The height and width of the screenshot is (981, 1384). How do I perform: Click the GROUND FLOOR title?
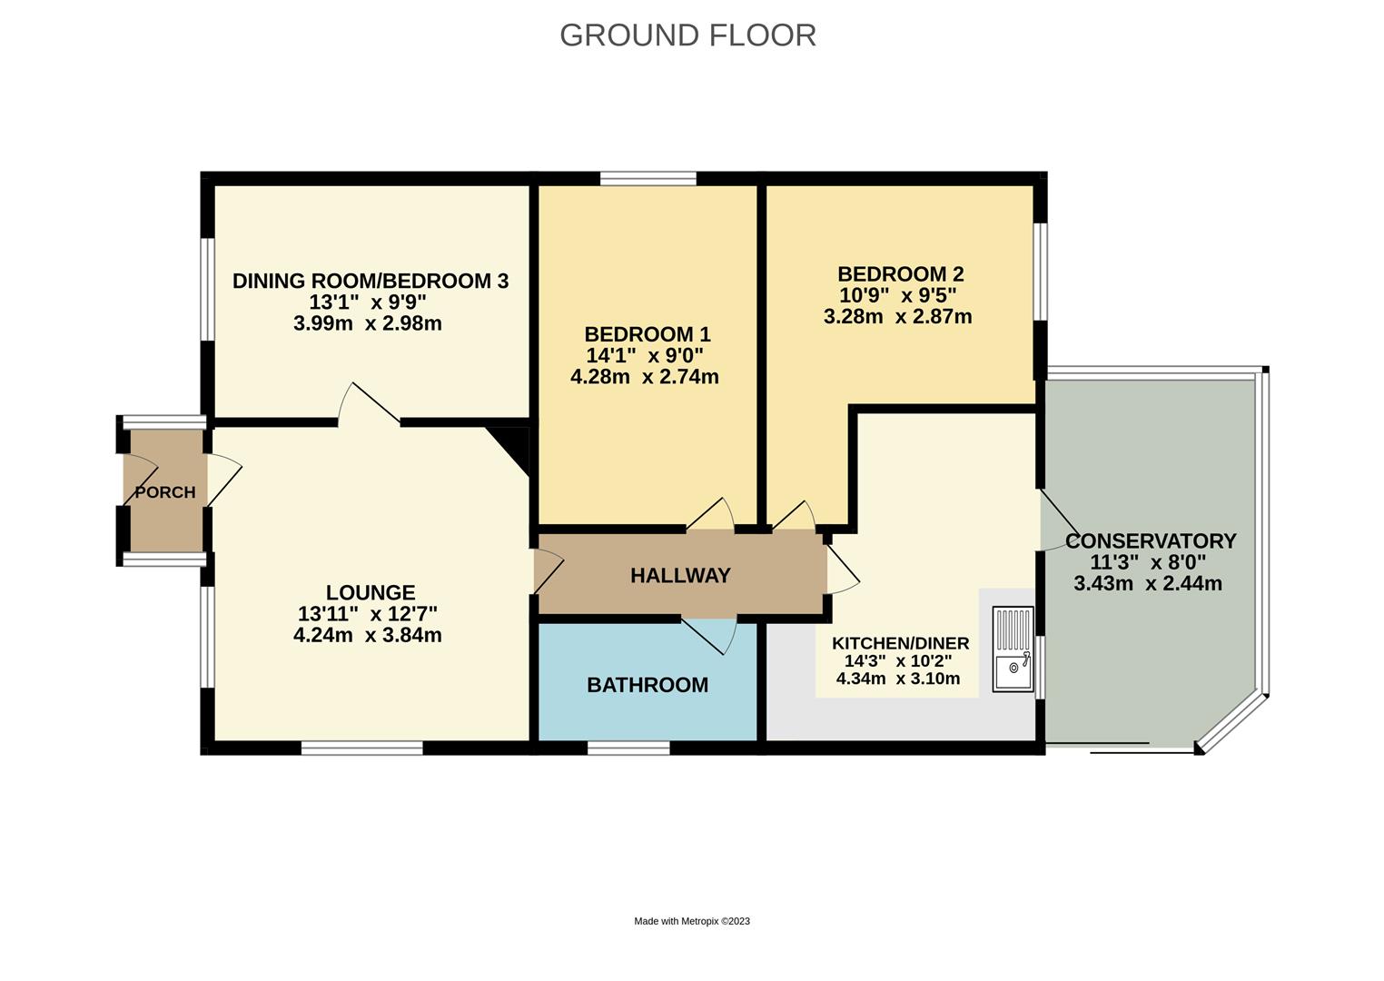point(687,35)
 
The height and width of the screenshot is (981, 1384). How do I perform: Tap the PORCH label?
point(165,492)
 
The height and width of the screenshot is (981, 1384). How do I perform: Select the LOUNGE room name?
point(370,592)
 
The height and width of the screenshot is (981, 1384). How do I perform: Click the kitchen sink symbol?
point(1013,649)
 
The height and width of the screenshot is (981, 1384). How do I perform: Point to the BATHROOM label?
point(647,685)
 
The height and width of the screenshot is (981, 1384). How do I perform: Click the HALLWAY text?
point(680,575)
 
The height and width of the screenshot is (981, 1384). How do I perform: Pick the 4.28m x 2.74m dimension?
point(644,376)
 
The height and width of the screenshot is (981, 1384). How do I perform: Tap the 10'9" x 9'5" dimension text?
point(900,295)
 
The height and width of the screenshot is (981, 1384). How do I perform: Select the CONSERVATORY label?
point(1150,541)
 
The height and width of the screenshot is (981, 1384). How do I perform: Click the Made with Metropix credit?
point(691,921)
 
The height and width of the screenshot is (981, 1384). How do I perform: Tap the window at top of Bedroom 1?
point(648,178)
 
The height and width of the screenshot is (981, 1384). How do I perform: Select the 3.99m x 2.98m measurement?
point(368,323)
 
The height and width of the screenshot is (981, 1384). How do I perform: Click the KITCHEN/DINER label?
point(900,643)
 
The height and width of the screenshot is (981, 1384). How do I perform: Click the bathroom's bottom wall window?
point(628,748)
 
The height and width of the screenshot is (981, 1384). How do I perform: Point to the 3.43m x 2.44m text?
point(1147,584)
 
